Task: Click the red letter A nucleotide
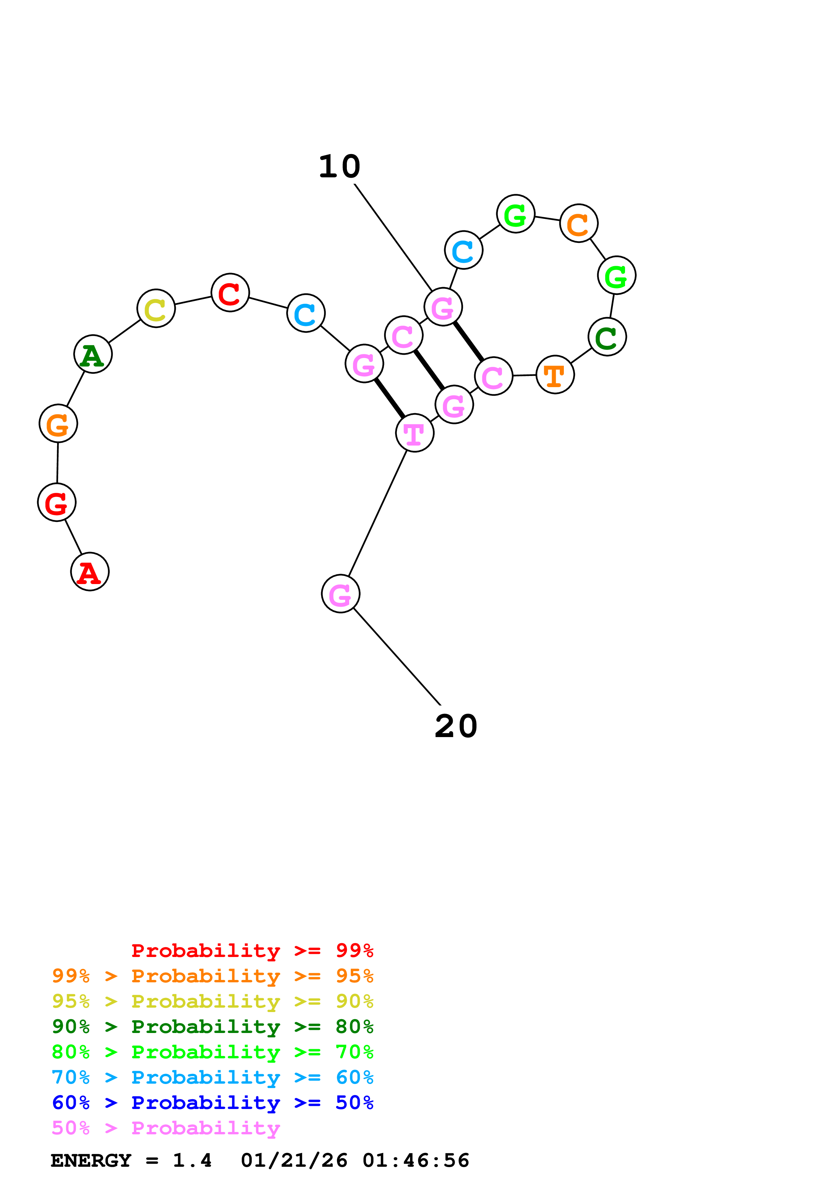click(x=90, y=572)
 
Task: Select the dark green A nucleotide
click(x=93, y=355)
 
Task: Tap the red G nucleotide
click(x=57, y=502)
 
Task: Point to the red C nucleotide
click(x=230, y=293)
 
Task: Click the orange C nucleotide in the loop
click(x=579, y=224)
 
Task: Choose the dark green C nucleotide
click(x=607, y=337)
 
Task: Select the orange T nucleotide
click(x=555, y=375)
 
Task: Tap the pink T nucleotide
click(x=415, y=433)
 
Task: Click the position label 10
click(x=339, y=167)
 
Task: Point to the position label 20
click(x=456, y=727)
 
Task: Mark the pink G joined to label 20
click(x=341, y=594)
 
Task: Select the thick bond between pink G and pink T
click(x=390, y=398)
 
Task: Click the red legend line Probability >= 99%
click(x=252, y=951)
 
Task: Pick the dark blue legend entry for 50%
click(x=212, y=1103)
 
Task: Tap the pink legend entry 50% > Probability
click(x=166, y=1128)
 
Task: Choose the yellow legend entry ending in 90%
click(x=212, y=1001)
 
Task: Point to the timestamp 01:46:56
click(x=416, y=1161)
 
